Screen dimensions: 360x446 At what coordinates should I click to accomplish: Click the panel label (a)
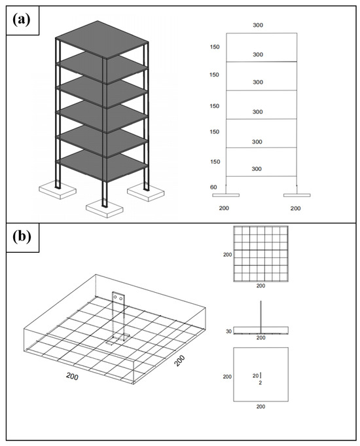click(x=22, y=20)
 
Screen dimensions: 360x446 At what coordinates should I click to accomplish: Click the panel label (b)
click(x=22, y=237)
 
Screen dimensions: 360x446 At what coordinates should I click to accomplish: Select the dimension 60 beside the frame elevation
click(x=213, y=187)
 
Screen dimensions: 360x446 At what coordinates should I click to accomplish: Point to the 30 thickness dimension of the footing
click(x=228, y=331)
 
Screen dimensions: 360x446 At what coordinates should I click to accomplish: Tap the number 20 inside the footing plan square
click(x=256, y=376)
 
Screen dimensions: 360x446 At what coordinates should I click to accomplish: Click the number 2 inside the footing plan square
click(x=261, y=383)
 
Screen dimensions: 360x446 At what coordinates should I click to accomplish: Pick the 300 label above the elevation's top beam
click(x=258, y=25)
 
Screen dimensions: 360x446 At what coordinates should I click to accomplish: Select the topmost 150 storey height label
click(x=215, y=47)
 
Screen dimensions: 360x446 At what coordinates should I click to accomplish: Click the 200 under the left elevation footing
click(x=224, y=208)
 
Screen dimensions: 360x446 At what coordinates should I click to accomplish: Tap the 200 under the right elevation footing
click(x=295, y=208)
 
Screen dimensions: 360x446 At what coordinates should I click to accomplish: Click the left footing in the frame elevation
click(x=226, y=195)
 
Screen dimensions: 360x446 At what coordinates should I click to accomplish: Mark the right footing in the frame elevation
click(x=297, y=195)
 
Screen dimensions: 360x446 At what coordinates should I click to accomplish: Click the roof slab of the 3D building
click(x=102, y=39)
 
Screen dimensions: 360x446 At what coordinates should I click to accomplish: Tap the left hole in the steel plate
click(x=115, y=297)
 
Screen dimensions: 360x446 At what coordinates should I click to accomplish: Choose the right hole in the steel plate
click(x=121, y=299)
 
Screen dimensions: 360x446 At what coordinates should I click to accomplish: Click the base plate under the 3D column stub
click(x=118, y=339)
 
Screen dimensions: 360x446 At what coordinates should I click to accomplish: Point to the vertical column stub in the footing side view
click(x=261, y=317)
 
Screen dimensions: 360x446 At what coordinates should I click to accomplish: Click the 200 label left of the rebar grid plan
click(x=228, y=255)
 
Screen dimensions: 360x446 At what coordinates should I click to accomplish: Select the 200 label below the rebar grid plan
click(x=261, y=286)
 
